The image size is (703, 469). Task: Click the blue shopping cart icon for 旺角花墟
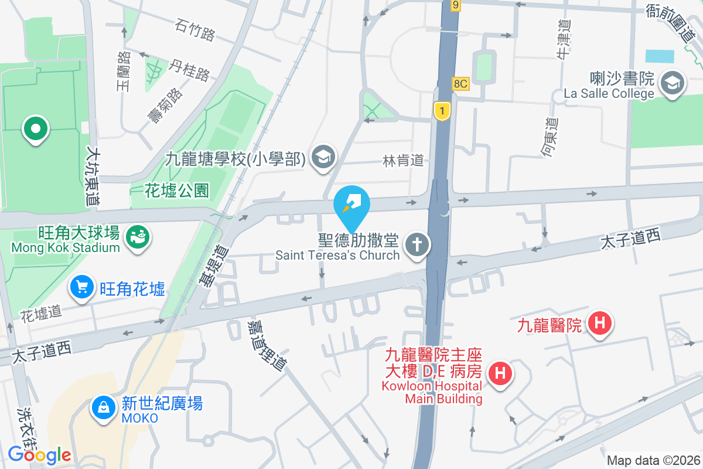tap(82, 287)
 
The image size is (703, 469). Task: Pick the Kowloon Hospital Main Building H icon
tap(500, 372)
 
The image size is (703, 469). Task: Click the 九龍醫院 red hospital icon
tap(600, 322)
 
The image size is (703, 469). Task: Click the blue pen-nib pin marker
tap(351, 204)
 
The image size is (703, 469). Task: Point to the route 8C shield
tap(460, 84)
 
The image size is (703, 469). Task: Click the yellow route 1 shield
tap(441, 111)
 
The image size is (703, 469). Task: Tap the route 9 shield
tap(456, 5)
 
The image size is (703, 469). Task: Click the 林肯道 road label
tap(403, 160)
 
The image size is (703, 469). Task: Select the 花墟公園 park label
tap(177, 190)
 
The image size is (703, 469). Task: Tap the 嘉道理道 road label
tap(267, 345)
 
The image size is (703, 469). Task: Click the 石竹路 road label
tap(195, 30)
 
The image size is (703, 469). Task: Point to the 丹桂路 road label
tap(190, 70)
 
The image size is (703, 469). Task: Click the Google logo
tap(39, 454)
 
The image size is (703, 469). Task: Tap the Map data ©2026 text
tap(653, 460)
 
